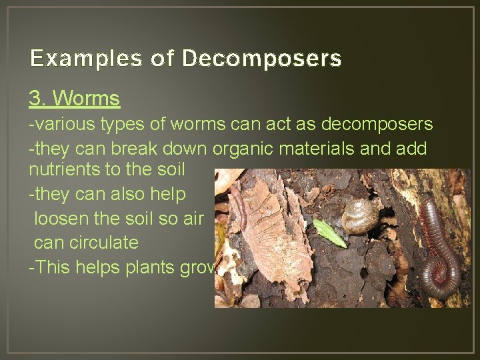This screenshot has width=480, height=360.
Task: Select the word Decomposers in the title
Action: pyautogui.click(x=261, y=59)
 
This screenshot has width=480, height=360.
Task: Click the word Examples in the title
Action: pyautogui.click(x=86, y=59)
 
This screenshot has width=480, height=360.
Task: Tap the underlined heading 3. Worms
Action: pyautogui.click(x=75, y=99)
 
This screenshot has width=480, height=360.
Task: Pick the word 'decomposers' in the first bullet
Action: pyautogui.click(x=377, y=124)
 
